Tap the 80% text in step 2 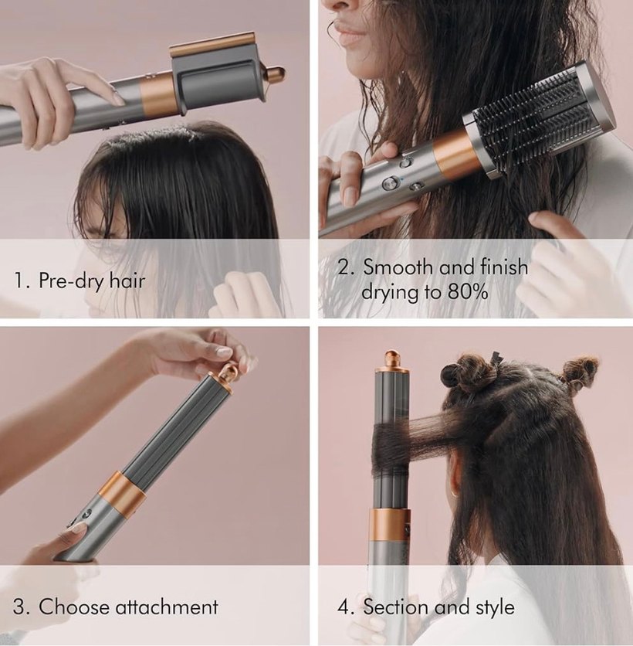462,293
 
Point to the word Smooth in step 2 398,267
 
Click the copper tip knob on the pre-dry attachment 275,75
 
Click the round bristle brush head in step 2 540,120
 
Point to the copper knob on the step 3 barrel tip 228,374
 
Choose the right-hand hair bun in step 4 581,372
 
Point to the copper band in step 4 391,524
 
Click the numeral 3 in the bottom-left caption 20,607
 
